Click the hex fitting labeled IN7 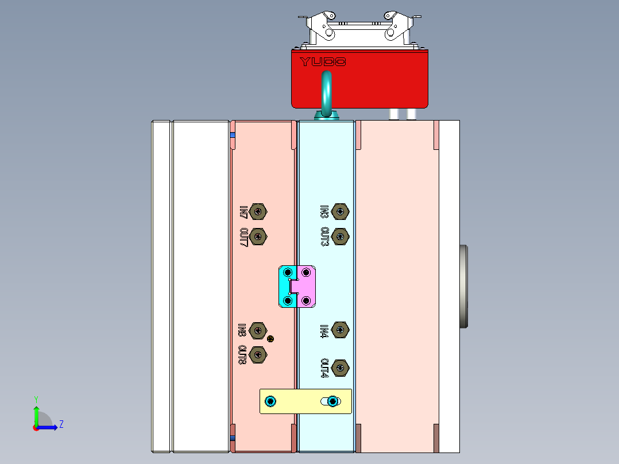point(260,211)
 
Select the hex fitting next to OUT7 point(260,236)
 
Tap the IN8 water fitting point(259,330)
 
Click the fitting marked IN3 point(341,211)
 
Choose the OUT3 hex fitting point(341,236)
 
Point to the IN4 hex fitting point(341,330)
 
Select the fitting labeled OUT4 point(341,368)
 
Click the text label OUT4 point(324,368)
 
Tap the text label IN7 point(243,212)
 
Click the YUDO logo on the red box point(323,61)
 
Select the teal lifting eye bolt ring point(327,92)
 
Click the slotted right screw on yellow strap point(332,401)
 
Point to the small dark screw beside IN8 point(270,339)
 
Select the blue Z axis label point(61,425)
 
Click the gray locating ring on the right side point(464,287)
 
